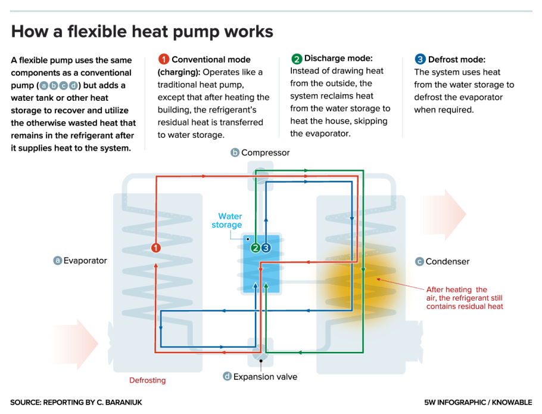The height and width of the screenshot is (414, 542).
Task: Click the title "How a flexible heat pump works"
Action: click(142, 31)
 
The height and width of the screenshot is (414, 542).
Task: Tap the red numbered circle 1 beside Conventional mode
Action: click(164, 60)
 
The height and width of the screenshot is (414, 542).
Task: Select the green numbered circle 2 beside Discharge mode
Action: click(297, 58)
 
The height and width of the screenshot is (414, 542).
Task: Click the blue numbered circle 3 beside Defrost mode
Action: click(420, 60)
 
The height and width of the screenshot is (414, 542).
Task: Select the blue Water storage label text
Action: click(228, 221)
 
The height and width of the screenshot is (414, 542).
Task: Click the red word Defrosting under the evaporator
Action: click(148, 380)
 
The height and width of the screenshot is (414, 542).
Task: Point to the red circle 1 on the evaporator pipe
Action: click(155, 247)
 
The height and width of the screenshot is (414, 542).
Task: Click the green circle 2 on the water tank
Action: click(256, 247)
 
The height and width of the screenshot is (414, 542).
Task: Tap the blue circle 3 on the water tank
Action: click(266, 247)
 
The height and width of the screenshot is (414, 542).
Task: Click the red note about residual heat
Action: click(465, 298)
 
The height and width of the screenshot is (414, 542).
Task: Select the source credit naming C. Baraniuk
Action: click(76, 402)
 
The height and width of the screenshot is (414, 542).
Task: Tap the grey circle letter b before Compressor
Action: click(235, 153)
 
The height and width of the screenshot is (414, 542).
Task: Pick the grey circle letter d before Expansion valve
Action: click(227, 376)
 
